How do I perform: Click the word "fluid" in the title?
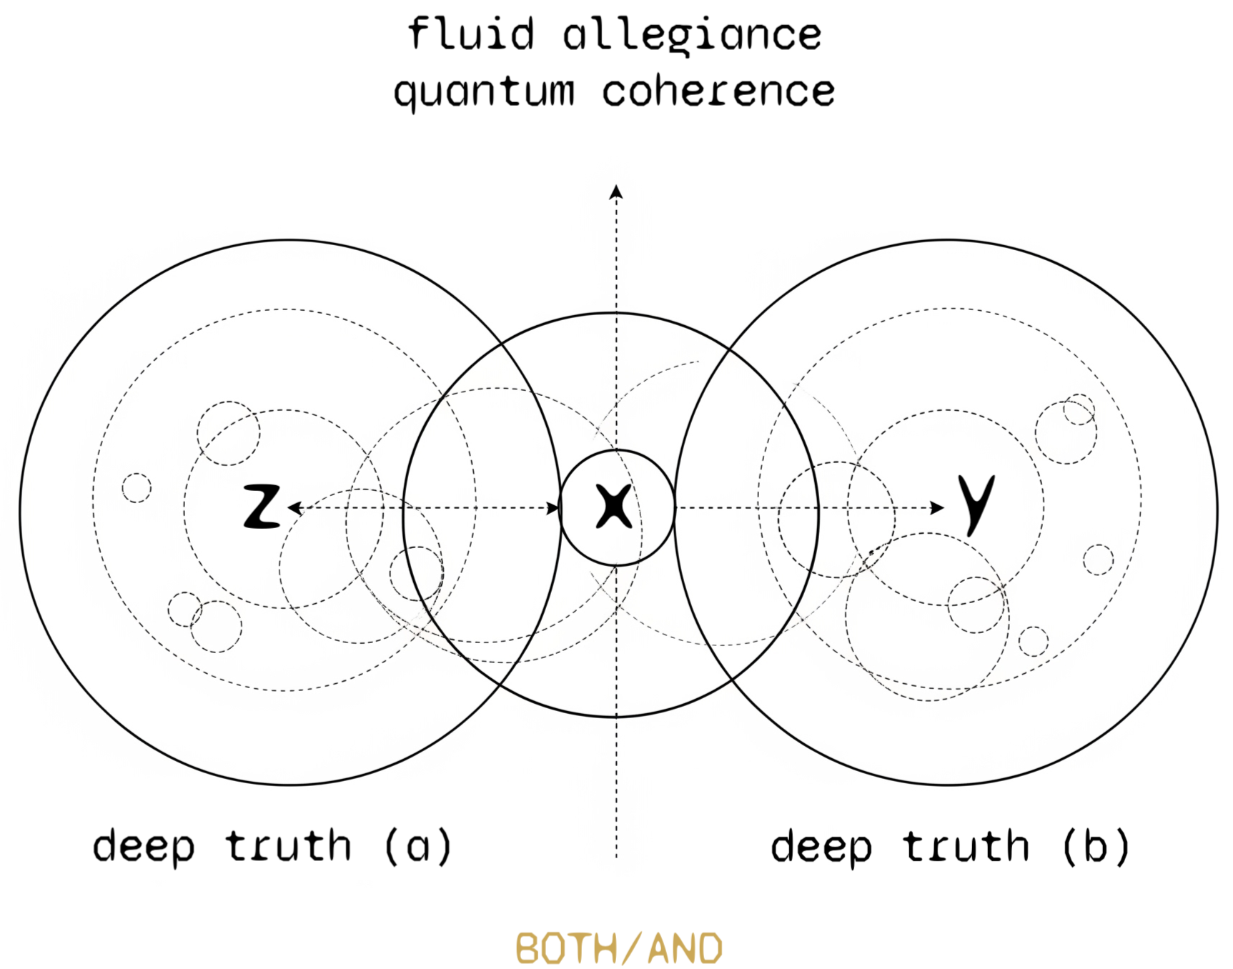point(471,34)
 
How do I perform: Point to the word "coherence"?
point(718,91)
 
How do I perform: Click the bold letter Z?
point(262,507)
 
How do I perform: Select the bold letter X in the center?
point(615,507)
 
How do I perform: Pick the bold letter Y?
point(976,504)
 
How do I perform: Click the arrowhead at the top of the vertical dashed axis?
point(616,192)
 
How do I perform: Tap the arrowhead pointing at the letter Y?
point(937,508)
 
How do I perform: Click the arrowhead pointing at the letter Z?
point(294,508)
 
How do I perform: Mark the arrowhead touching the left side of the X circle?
point(553,508)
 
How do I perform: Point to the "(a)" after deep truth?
point(418,847)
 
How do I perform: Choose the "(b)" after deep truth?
point(1096,847)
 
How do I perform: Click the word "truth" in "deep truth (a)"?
point(289,847)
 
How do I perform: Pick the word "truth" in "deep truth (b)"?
point(966,847)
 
